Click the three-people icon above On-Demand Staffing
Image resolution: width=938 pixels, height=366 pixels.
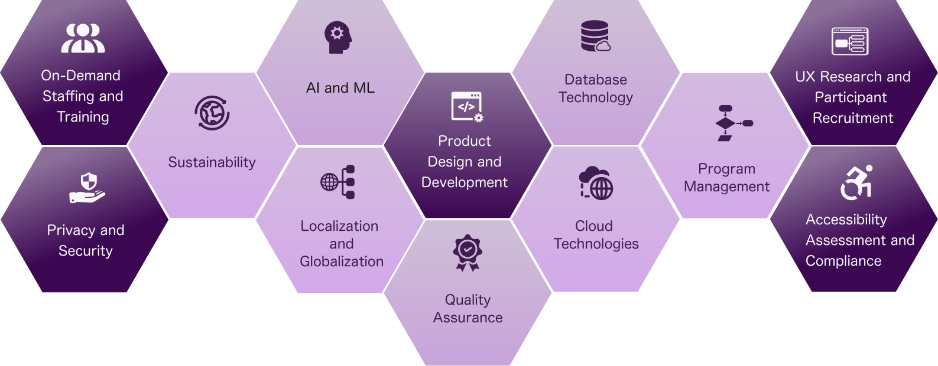[x=83, y=38]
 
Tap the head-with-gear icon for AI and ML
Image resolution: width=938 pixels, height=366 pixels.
[x=338, y=37]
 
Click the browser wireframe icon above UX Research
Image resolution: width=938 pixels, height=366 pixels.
[x=850, y=41]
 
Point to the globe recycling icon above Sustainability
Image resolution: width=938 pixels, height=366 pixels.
[x=212, y=113]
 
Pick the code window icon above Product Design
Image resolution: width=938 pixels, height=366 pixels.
[x=467, y=107]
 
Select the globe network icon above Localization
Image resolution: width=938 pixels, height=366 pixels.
[x=338, y=182]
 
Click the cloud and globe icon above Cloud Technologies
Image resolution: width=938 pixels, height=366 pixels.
[x=596, y=183]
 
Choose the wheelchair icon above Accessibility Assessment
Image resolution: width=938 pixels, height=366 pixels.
[x=856, y=182]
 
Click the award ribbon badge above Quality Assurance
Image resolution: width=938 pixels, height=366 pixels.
[x=468, y=253]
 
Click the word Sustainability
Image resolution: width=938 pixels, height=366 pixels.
[x=212, y=162]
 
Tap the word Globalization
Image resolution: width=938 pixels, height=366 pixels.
[x=342, y=262]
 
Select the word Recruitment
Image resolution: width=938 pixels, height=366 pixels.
[x=853, y=118]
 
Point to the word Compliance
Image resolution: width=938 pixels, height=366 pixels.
[x=843, y=261]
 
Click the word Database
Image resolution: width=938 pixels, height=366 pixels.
[x=596, y=80]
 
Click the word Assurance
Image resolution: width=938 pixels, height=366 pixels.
[x=468, y=318]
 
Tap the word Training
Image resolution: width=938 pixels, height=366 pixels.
[x=83, y=117]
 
